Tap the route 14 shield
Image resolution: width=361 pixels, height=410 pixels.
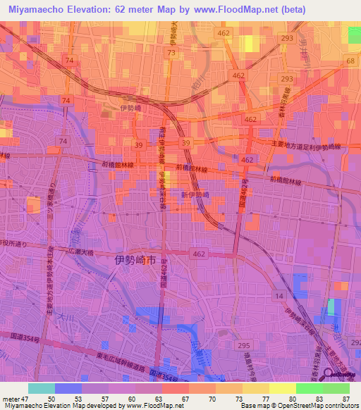(280, 297)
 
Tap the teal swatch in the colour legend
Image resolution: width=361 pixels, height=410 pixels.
(42, 388)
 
